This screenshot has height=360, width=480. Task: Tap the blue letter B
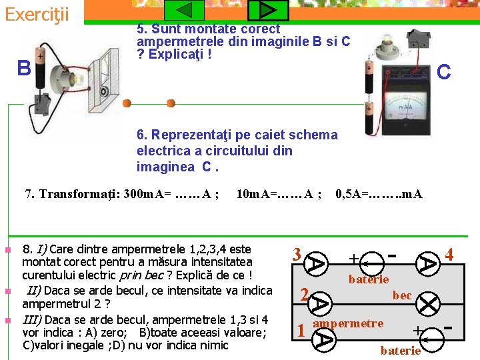pyautogui.click(x=24, y=68)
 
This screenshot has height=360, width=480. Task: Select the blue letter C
pyautogui.click(x=444, y=71)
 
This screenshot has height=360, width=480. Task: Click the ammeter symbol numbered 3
pyautogui.click(x=317, y=263)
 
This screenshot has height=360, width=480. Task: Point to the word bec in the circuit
pyautogui.click(x=401, y=294)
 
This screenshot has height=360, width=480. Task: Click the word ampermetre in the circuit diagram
pyautogui.click(x=348, y=323)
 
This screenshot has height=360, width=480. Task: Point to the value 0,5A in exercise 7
pyautogui.click(x=351, y=195)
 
